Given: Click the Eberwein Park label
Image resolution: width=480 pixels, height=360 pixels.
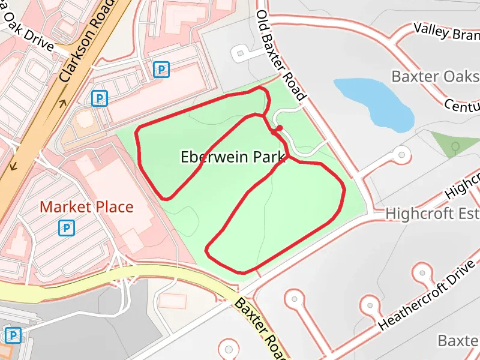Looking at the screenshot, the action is click(x=232, y=157).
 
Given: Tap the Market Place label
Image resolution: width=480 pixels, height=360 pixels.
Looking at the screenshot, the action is click(x=86, y=208).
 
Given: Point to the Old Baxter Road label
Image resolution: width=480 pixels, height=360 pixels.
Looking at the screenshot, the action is click(x=281, y=55).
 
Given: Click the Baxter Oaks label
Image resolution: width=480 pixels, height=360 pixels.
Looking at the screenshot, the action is click(x=435, y=76).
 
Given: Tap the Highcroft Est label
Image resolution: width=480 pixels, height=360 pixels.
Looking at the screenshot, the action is click(x=432, y=214).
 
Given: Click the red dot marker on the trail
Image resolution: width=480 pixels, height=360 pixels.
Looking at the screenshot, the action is click(x=279, y=128).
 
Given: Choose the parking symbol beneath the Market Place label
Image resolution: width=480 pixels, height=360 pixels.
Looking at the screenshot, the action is click(x=67, y=228).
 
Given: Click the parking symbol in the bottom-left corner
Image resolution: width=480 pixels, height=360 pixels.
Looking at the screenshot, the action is click(x=12, y=335).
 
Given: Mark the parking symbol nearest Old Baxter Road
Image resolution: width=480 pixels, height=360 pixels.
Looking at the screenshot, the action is click(x=161, y=70).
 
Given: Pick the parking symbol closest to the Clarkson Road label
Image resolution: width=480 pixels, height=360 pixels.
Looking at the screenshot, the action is click(x=100, y=98).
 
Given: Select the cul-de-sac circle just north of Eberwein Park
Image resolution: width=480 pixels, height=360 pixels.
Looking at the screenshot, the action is click(x=241, y=54).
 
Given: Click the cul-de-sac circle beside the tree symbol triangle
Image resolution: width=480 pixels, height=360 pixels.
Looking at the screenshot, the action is click(x=400, y=155).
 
